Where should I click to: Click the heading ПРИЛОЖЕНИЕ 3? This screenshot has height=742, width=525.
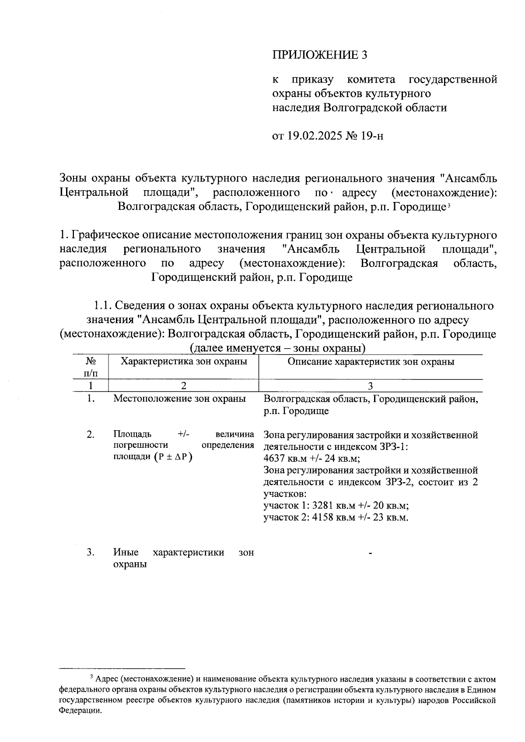click(319, 55)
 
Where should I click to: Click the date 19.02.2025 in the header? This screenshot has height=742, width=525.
click(314, 136)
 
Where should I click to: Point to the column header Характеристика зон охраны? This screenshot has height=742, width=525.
click(183, 362)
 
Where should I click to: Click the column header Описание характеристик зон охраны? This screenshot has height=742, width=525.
click(371, 362)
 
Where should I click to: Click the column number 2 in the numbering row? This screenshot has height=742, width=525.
click(183, 386)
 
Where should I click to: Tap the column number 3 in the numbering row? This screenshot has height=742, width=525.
click(371, 386)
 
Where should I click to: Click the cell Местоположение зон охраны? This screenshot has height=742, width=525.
click(179, 399)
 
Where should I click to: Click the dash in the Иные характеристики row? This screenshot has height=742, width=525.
click(371, 554)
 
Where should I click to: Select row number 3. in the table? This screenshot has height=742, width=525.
click(91, 552)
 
